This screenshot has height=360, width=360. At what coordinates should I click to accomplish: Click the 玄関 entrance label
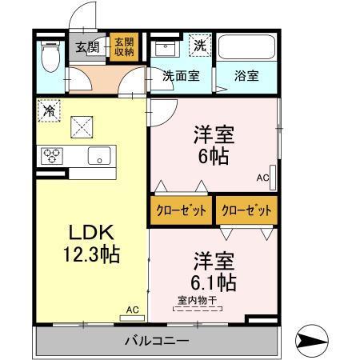88,46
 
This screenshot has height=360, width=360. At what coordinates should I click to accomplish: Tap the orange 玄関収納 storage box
123,47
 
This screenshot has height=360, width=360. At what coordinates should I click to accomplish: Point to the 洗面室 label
182,78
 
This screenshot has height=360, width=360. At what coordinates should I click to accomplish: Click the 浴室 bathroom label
246,78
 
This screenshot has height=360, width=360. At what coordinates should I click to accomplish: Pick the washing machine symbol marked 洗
198,46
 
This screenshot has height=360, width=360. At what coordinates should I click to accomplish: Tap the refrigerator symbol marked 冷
50,110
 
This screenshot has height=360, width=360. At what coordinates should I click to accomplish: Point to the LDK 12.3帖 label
92,244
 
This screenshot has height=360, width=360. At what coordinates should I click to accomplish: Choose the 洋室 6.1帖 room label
214,272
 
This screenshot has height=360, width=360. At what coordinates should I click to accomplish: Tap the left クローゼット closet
181,211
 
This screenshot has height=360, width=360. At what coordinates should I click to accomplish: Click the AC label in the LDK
133,309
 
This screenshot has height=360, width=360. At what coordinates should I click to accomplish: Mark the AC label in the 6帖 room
262,178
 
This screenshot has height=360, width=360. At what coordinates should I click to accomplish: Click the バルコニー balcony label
157,342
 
